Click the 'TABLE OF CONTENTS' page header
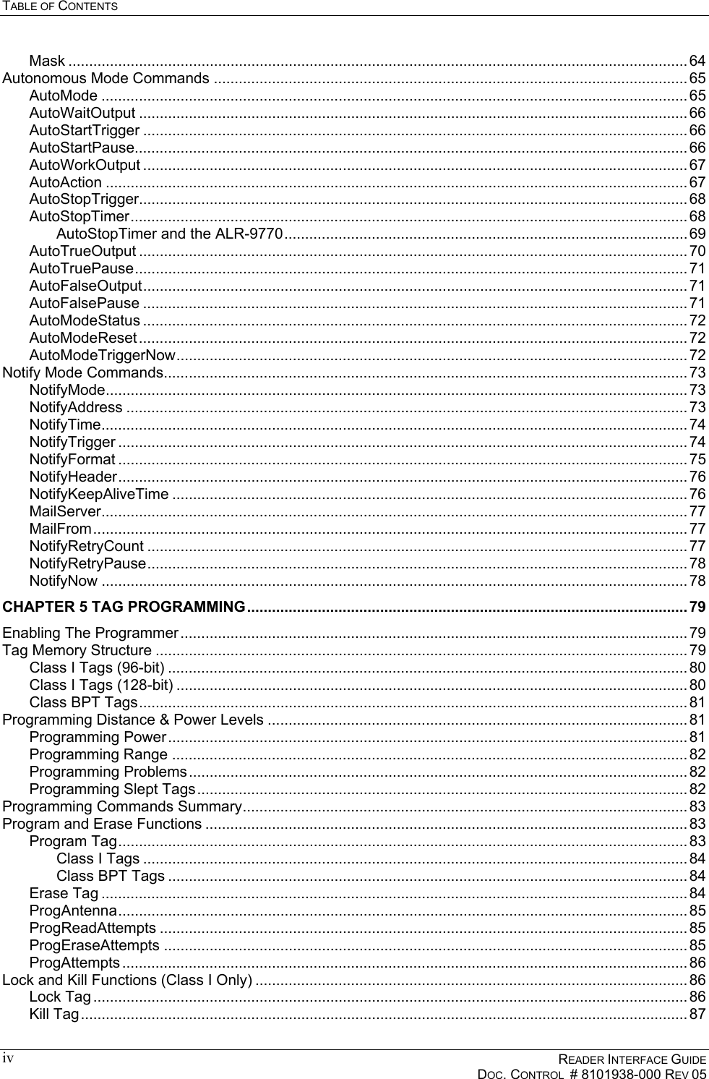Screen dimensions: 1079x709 (60, 7)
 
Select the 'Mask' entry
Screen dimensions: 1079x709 (47, 60)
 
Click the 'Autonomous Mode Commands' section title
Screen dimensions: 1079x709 (106, 78)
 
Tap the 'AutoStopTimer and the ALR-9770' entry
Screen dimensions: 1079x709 (168, 234)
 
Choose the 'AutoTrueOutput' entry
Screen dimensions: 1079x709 (82, 251)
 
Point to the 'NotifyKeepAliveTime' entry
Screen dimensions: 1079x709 (99, 494)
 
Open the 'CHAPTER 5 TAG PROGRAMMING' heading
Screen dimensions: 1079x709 (123, 605)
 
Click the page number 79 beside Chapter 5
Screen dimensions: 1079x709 (697, 605)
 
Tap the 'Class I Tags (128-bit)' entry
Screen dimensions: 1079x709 (100, 684)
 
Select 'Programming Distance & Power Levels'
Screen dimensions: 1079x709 (133, 720)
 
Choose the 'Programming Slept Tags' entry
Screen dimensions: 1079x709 (112, 788)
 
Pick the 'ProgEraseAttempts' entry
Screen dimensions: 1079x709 (95, 945)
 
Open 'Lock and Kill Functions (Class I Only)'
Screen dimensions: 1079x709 (127, 980)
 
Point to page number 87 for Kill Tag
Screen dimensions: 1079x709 (697, 1015)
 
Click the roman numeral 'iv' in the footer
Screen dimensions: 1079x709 (7, 1059)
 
